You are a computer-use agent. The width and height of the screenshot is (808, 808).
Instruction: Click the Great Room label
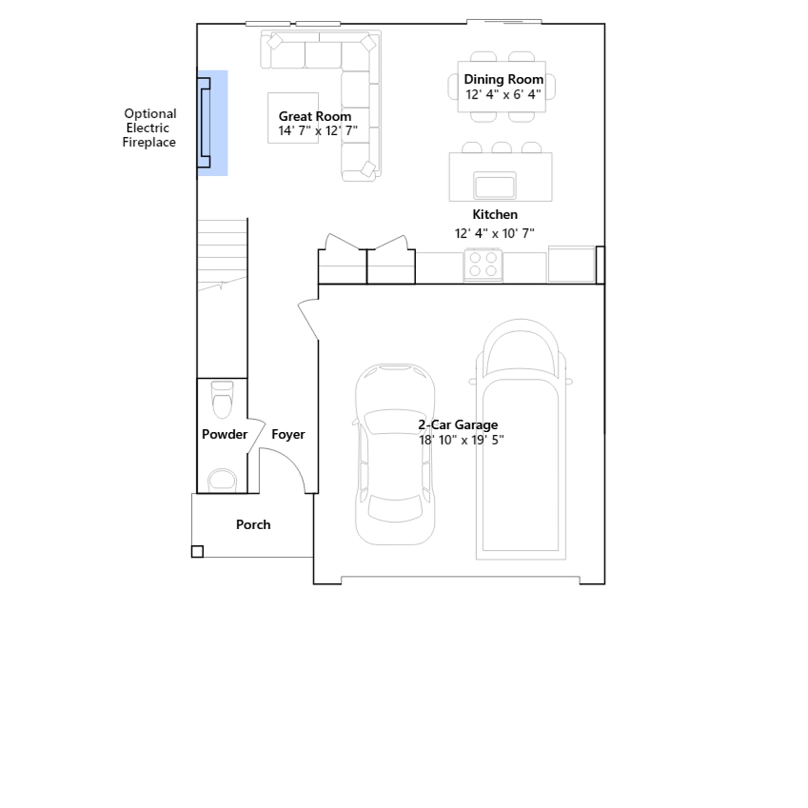coord(315,116)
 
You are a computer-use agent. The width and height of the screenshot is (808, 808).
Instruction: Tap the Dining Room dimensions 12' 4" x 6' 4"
coord(503,94)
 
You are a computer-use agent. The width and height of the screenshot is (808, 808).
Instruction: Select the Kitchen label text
coord(495,214)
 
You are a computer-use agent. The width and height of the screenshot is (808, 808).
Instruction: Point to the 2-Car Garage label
coord(458,425)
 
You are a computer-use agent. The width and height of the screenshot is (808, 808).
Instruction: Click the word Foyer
coord(288,434)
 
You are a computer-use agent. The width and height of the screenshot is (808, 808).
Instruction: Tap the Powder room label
coord(224,434)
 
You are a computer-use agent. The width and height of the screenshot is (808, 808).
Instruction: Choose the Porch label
coord(253,525)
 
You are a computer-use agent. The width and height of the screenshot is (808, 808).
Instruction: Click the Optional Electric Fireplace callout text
coord(149,128)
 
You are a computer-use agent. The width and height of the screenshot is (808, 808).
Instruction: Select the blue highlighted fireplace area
coord(213,123)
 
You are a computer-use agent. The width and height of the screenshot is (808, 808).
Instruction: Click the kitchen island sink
coord(494,185)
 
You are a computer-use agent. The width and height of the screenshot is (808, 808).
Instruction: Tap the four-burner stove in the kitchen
coord(483,265)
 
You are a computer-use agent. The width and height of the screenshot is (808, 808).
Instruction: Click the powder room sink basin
coord(222,480)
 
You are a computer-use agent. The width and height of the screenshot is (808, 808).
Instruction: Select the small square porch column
coord(197,551)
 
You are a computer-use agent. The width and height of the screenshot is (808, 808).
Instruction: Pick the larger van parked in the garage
coord(521,439)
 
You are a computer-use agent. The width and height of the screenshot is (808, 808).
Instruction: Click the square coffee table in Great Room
coord(293,118)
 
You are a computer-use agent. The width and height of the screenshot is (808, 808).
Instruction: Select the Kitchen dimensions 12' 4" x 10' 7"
coord(494,233)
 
